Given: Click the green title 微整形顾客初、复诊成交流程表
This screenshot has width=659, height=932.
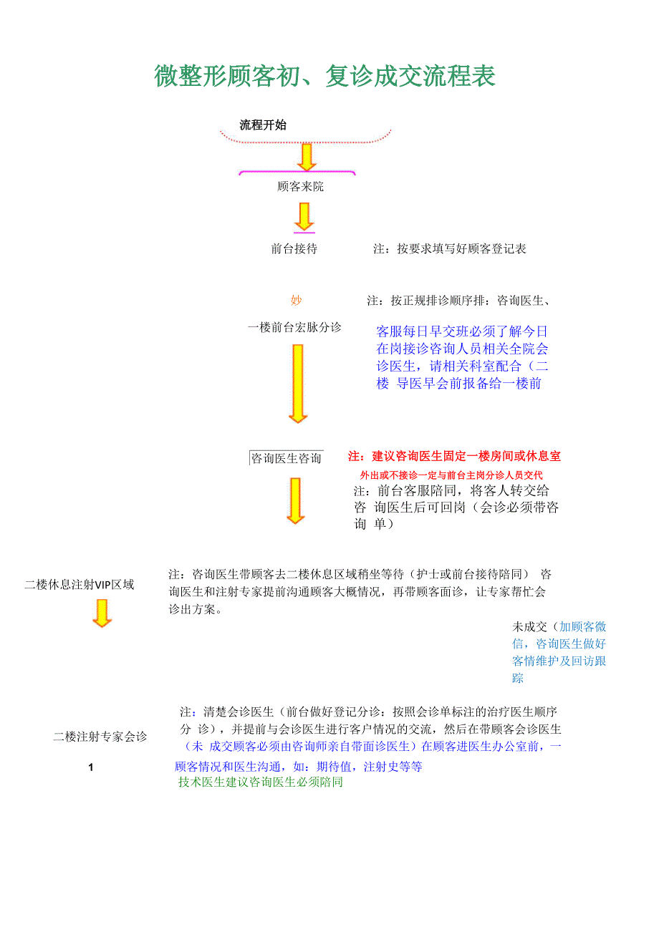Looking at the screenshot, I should coord(324,76).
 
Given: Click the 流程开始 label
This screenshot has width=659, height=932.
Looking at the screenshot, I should coord(263,125).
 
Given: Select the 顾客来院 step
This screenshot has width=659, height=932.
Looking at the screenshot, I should coord(301,187).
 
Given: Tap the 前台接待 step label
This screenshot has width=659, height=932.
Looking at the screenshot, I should coord(294,249).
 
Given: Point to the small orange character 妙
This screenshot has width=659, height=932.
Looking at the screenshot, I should coord(296,300).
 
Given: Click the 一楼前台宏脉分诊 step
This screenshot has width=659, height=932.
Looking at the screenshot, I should coord(294,327).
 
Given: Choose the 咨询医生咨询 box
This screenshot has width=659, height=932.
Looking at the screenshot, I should coord(286,458).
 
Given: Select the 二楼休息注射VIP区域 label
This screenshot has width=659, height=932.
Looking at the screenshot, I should coord(79,584).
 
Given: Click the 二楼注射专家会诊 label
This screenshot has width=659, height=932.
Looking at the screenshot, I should coord(100,736).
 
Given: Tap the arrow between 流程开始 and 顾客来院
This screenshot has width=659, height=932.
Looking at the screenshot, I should coord(307,157).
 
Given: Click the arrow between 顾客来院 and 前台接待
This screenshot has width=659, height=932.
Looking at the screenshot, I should coord(304,216).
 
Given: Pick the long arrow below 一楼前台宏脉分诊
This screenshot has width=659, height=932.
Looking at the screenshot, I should coord(297,383).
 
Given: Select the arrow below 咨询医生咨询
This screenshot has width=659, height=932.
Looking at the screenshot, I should coord(295,500).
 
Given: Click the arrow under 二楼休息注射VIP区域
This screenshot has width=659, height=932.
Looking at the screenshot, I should coord(102,613).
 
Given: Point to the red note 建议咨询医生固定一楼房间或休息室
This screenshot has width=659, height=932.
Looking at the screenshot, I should coord(454,456).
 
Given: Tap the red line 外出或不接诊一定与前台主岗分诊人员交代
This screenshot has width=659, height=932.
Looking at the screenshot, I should coord(451,475).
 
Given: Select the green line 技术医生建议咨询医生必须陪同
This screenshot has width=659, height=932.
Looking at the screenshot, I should coord(261,782).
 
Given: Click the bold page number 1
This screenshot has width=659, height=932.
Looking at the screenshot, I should coord(91,767).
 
